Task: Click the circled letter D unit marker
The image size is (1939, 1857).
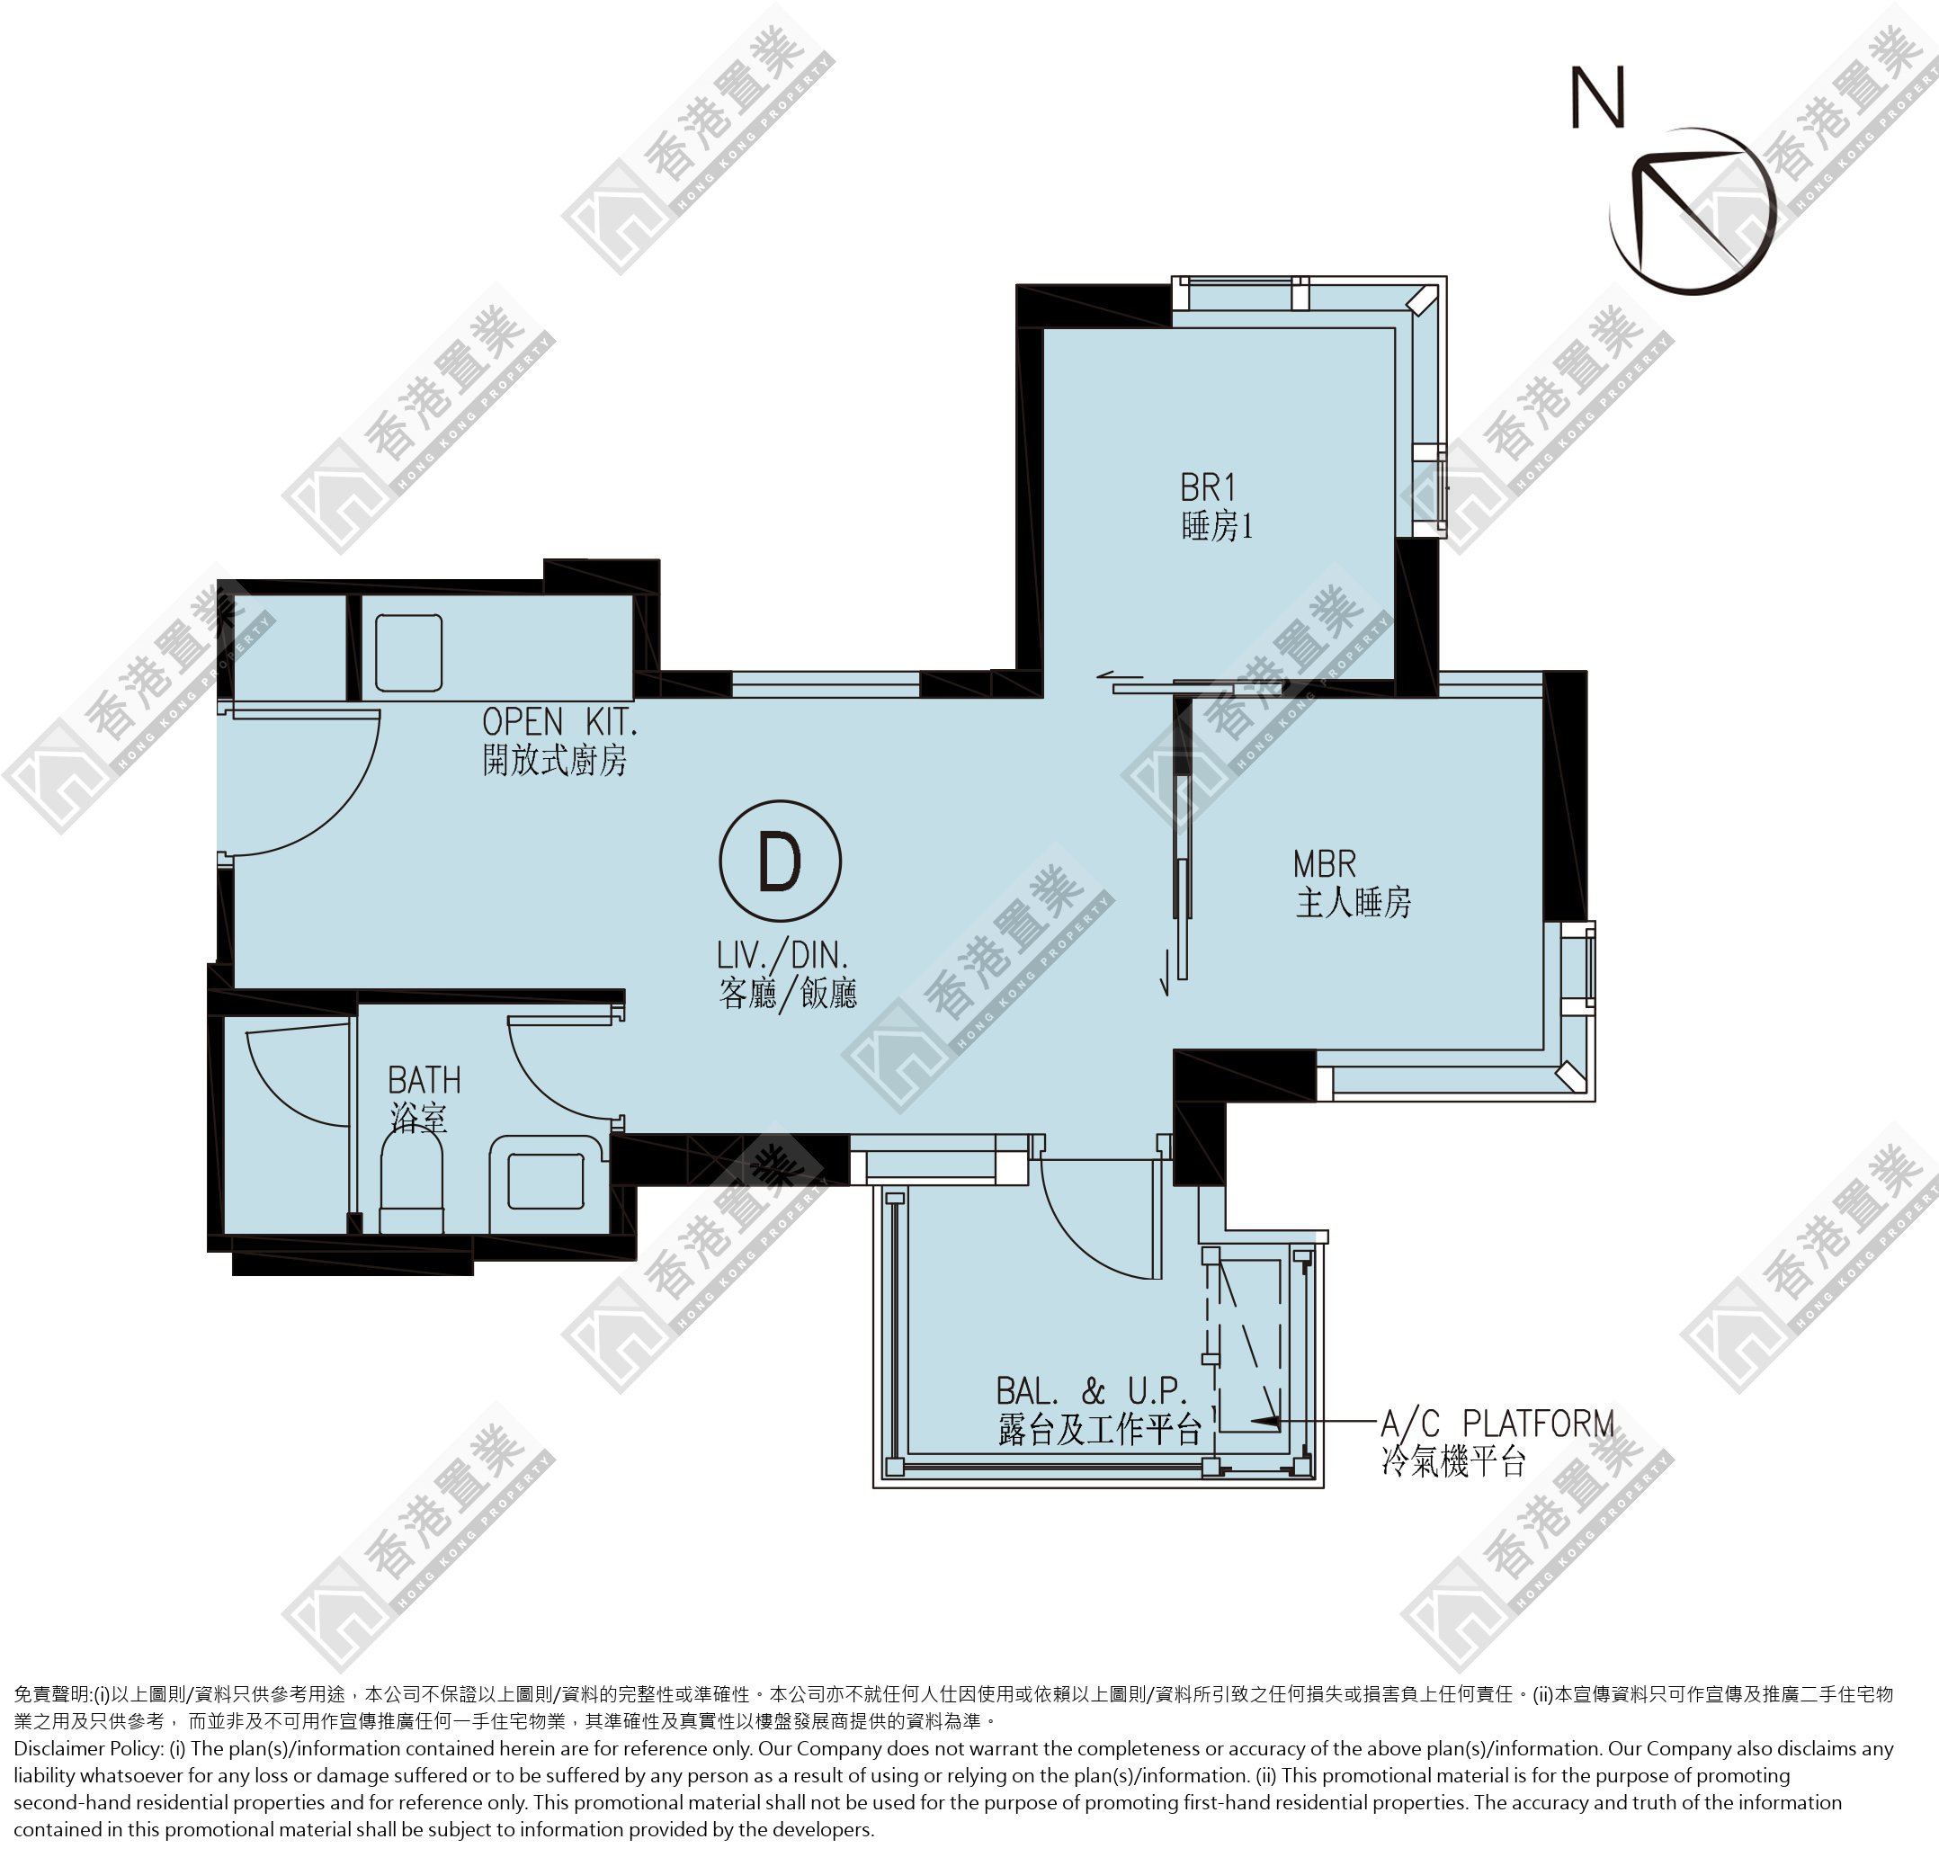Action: point(780,861)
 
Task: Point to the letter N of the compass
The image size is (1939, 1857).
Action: point(1597,97)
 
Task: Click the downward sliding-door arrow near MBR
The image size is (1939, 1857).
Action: point(1167,972)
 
